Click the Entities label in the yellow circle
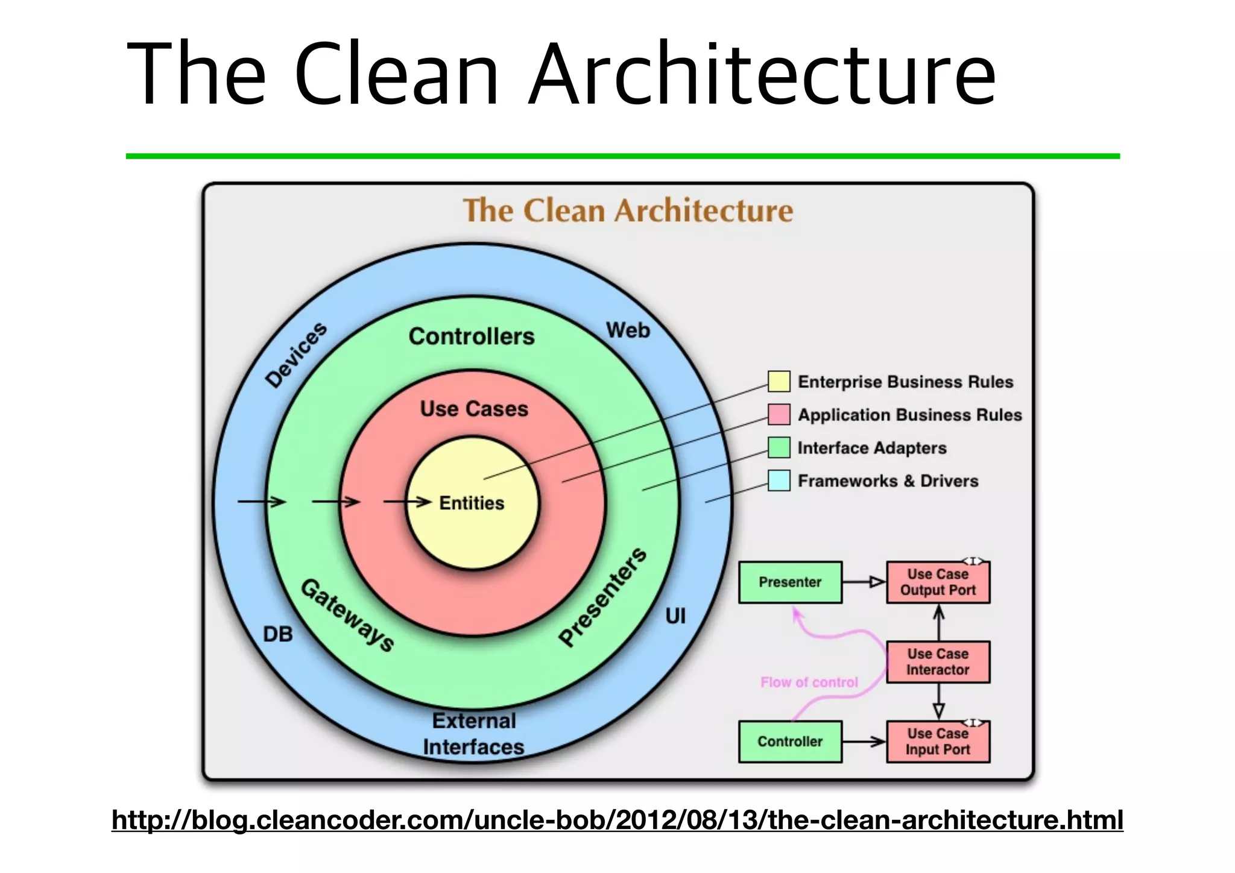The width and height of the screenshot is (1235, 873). pos(472,503)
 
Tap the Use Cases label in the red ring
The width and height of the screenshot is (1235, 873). pos(474,409)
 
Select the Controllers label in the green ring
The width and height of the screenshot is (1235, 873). pos(472,336)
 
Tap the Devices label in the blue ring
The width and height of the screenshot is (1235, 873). pos(296,355)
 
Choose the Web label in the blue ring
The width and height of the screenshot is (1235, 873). pos(628,330)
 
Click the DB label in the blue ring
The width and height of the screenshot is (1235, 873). pos(278,634)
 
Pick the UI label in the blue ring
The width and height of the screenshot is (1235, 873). pos(675,616)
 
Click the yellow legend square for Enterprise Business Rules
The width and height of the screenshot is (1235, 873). pos(779,382)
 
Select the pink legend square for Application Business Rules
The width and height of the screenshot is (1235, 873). pos(779,415)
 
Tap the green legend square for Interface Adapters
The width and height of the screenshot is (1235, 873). pos(779,447)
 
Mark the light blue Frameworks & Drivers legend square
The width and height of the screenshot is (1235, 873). pos(779,481)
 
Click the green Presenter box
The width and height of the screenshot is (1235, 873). pos(790,582)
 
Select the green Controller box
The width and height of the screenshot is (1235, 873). pos(790,742)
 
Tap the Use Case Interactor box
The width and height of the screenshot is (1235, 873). pos(938,662)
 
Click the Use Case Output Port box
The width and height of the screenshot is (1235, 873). pos(938,582)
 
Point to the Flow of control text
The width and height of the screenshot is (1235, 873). pos(809,682)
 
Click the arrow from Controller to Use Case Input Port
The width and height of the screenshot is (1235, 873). pos(864,742)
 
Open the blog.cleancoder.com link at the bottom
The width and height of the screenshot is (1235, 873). pos(617,820)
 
